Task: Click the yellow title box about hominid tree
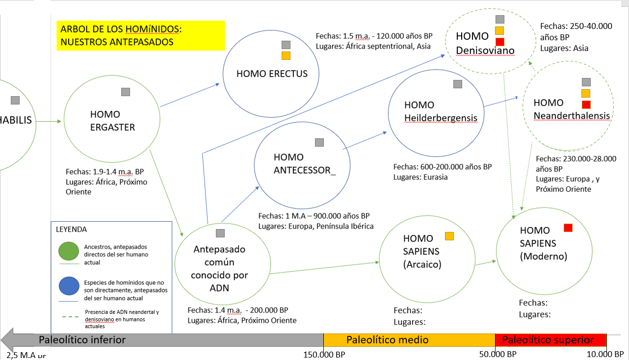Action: pos(140,36)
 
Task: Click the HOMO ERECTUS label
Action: pos(272,74)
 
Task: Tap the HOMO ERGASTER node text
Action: pos(112,121)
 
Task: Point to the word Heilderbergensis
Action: pos(441,118)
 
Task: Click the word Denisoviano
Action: pos(485,51)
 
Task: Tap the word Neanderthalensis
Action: pos(572,116)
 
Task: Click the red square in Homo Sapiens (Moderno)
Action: pos(568,228)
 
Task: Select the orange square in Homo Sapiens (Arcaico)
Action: pos(449,236)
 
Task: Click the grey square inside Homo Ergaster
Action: pos(126,92)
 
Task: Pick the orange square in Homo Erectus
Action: pos(286,56)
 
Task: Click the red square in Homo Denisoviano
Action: pos(500,42)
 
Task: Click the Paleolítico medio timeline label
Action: pos(388,340)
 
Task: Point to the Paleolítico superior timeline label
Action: pos(548,340)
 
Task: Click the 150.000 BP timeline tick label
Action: pos(324,354)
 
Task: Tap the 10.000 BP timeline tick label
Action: pos(606,354)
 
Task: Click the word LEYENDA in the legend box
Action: pos(72,229)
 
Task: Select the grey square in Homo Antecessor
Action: pos(319,143)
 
